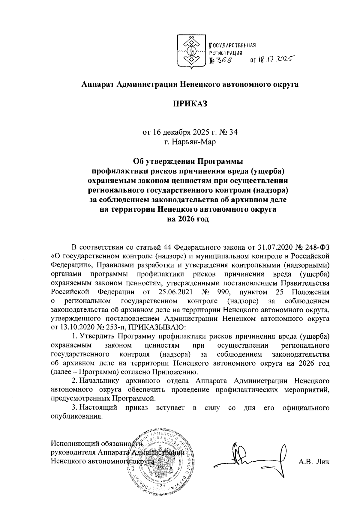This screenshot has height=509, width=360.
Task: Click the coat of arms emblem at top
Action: point(191,53)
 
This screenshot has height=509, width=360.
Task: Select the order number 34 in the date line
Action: point(233,132)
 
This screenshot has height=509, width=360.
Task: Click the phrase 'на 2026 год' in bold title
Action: point(190,219)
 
